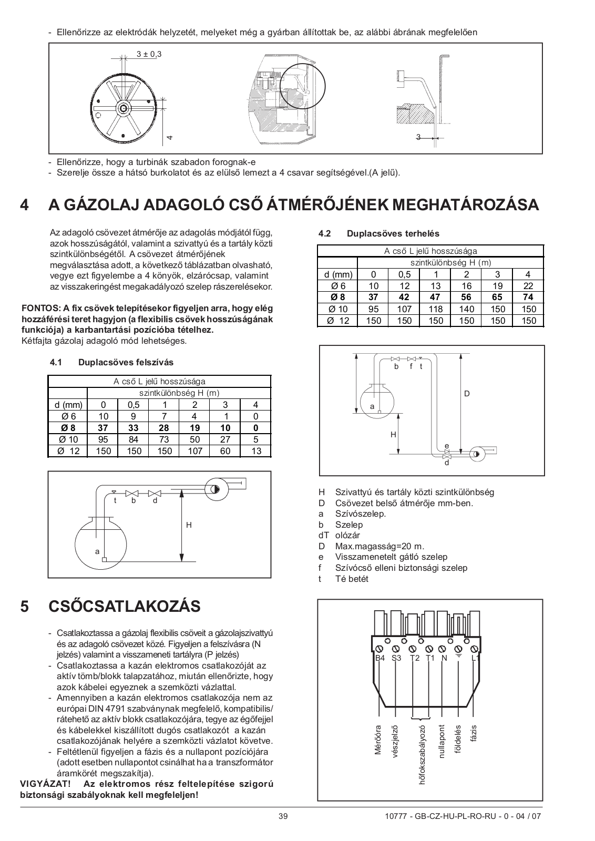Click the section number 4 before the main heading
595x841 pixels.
[24, 205]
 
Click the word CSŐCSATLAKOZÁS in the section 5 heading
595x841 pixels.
[125, 607]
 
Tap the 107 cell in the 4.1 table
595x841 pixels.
[195, 451]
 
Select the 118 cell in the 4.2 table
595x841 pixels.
[436, 309]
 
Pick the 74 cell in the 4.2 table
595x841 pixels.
[528, 298]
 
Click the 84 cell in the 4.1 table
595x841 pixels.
[134, 439]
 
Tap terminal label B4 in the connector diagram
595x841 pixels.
[379, 658]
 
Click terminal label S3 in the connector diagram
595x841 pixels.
[396, 658]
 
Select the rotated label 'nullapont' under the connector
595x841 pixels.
[442, 742]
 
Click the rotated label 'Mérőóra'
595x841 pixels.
[377, 741]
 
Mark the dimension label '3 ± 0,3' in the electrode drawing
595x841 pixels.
[149, 54]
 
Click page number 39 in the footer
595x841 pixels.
[283, 816]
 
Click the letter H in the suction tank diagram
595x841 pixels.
[189, 525]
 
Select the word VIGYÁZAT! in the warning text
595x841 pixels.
[42, 784]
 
